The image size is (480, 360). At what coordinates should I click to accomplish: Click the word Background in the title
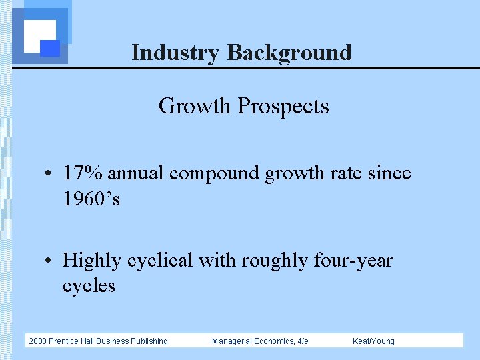[x=289, y=53]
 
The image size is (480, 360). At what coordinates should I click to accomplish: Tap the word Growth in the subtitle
[x=195, y=106]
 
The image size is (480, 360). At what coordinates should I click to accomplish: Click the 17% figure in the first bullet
[x=83, y=173]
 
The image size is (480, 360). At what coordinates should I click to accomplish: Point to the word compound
[x=215, y=174]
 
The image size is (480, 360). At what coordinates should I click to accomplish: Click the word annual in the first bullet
[x=137, y=173]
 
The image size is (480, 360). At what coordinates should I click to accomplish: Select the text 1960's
[x=91, y=199]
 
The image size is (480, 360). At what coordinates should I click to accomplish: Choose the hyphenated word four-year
[x=353, y=260]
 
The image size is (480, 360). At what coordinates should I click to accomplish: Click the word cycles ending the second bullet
[x=89, y=286]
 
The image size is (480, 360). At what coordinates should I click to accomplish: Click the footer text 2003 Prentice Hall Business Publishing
[x=98, y=341]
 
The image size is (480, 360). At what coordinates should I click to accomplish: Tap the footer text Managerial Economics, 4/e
[x=260, y=341]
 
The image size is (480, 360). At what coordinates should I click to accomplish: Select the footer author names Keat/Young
[x=373, y=341]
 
